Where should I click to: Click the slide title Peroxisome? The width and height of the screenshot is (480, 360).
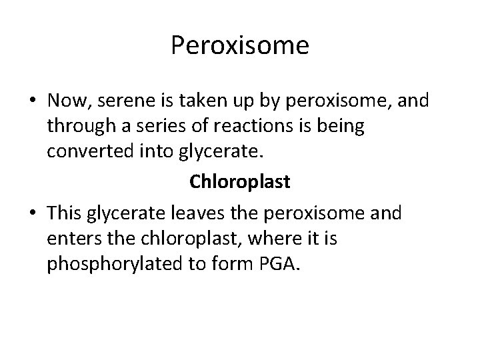coord(239,46)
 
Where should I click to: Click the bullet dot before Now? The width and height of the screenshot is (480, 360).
coord(33,102)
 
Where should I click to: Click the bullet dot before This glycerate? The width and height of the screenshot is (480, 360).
coord(33,214)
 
